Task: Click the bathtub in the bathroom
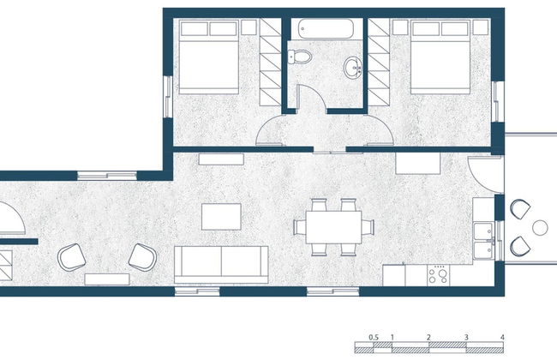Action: [x=326, y=30]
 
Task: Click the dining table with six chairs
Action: [x=334, y=227]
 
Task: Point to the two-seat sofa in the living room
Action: [x=221, y=262]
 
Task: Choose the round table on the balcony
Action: [x=540, y=227]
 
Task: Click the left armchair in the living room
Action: [x=72, y=256]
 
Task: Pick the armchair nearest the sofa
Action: [x=141, y=256]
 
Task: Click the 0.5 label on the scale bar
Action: [x=374, y=337]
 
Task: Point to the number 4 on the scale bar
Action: [x=503, y=337]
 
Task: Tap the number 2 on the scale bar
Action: [x=428, y=337]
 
